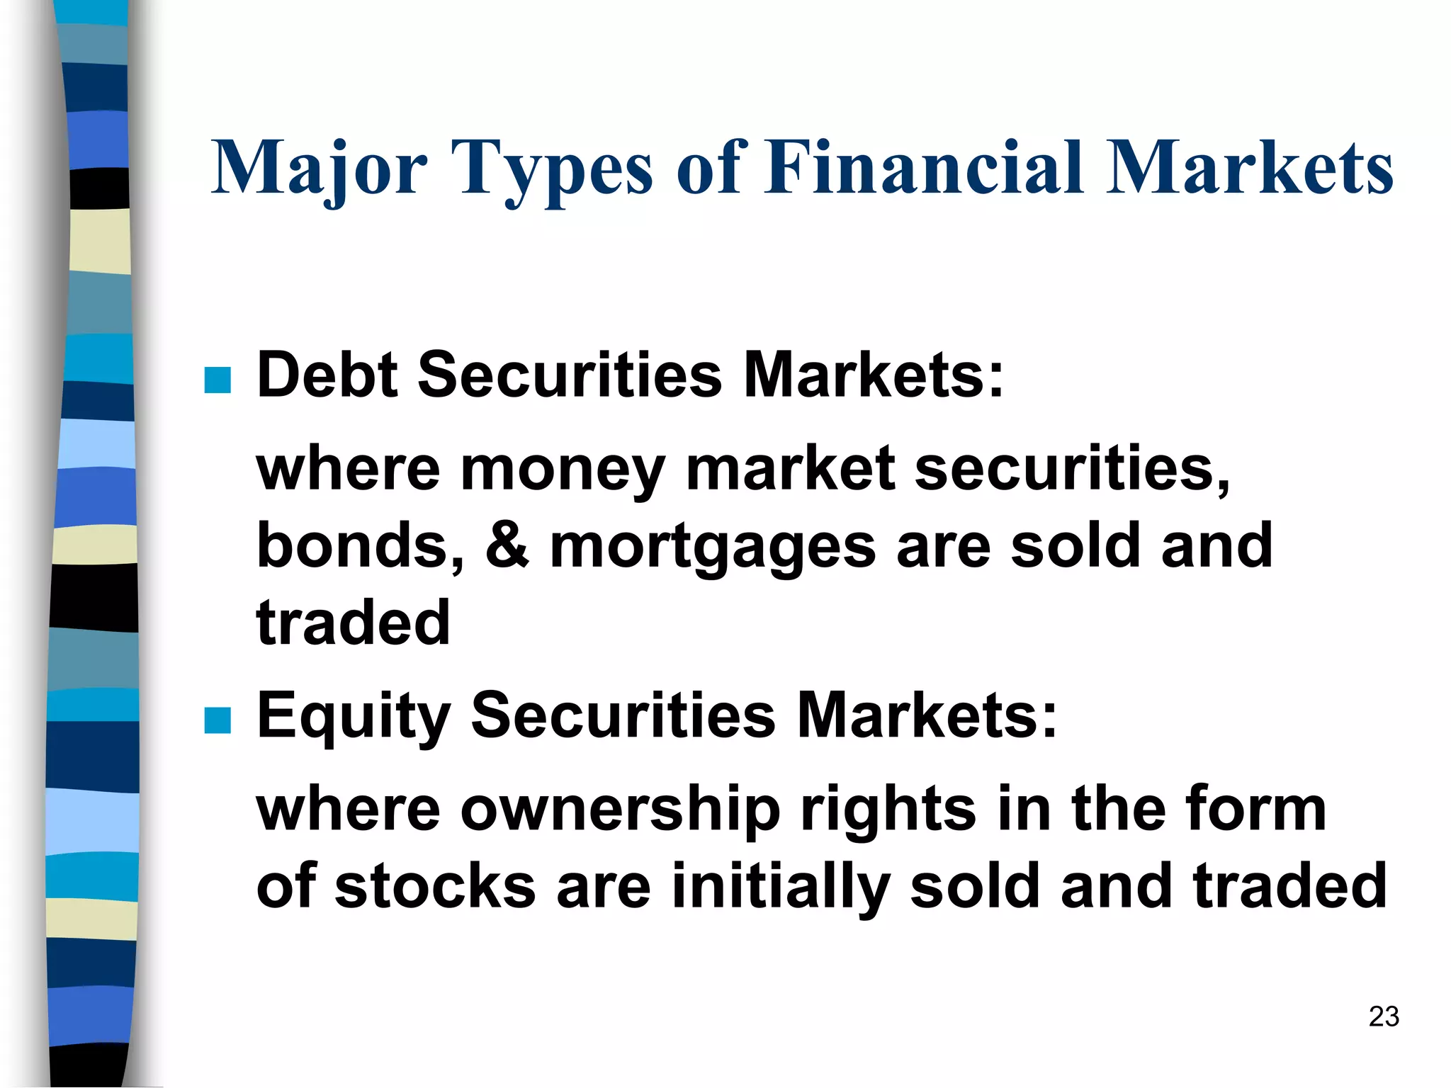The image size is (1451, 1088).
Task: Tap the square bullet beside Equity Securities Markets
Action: pos(218,720)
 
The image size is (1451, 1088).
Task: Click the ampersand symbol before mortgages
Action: pos(507,545)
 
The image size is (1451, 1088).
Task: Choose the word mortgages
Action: pos(713,548)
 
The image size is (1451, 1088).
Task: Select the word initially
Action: pos(779,888)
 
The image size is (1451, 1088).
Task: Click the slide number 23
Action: pos(1384,1016)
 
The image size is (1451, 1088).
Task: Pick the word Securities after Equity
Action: pos(623,715)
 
